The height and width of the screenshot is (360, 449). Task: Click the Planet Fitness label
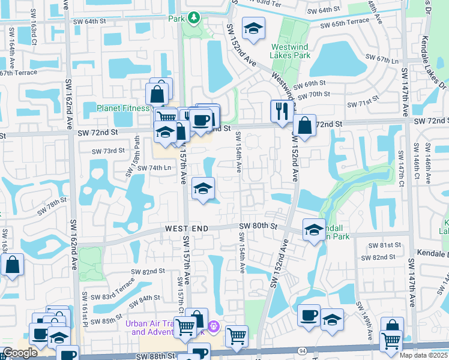click(x=123, y=108)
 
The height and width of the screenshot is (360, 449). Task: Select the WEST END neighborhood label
click(x=187, y=229)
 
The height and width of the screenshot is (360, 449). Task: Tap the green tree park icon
click(x=193, y=18)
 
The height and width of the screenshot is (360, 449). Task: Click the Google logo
click(x=20, y=353)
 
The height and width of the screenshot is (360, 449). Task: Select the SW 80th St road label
click(x=258, y=226)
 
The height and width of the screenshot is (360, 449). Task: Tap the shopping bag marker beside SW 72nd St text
click(x=305, y=125)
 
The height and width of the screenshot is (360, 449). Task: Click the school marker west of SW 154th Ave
click(x=203, y=190)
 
